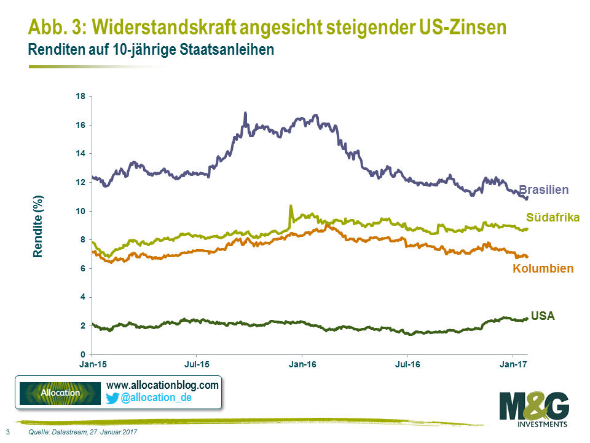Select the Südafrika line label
pyautogui.click(x=553, y=217)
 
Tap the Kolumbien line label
pyautogui.click(x=543, y=268)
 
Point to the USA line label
pyautogui.click(x=543, y=316)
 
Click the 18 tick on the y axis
pyautogui.click(x=81, y=97)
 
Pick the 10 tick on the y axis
pyautogui.click(x=81, y=211)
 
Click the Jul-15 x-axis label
pyautogui.click(x=196, y=365)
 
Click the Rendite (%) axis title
pyautogui.click(x=38, y=226)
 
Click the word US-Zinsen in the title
pyautogui.click(x=450, y=28)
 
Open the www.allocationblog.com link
pyautogui.click(x=162, y=385)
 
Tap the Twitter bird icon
pyautogui.click(x=112, y=398)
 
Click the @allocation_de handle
pyautogui.click(x=156, y=398)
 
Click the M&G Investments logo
pyautogui.click(x=533, y=410)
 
